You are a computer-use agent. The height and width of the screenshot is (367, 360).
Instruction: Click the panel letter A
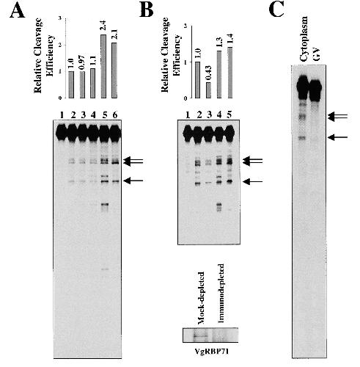tap(18, 11)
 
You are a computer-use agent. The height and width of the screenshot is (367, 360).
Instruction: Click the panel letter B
tap(146, 11)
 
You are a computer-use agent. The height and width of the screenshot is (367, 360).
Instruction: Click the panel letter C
tap(276, 10)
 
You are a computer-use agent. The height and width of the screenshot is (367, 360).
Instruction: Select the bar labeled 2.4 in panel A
tap(103, 66)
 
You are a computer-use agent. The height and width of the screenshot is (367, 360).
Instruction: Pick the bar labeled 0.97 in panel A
tap(82, 84)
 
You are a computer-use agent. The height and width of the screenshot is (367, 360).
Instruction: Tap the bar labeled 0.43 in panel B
tap(208, 90)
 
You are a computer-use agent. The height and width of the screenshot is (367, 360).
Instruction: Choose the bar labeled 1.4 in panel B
tap(229, 73)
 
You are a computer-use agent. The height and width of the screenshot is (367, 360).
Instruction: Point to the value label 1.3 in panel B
tap(219, 43)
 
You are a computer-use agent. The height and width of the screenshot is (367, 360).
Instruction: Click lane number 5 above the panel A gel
tap(105, 115)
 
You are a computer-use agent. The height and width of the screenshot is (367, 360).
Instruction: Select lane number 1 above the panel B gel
tap(188, 115)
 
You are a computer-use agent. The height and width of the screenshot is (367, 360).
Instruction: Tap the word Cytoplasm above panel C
tap(304, 39)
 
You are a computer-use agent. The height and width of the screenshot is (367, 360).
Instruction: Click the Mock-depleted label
tap(202, 298)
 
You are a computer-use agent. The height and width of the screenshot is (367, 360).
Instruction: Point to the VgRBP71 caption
tap(211, 352)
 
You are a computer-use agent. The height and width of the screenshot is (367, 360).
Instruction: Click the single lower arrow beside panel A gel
tap(133, 181)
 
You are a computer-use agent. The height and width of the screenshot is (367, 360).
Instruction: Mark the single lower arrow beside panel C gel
tap(337, 137)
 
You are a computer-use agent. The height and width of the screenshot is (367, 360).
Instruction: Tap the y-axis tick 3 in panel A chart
tap(60, 18)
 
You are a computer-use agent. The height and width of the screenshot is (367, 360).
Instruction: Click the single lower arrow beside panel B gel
tap(253, 181)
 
